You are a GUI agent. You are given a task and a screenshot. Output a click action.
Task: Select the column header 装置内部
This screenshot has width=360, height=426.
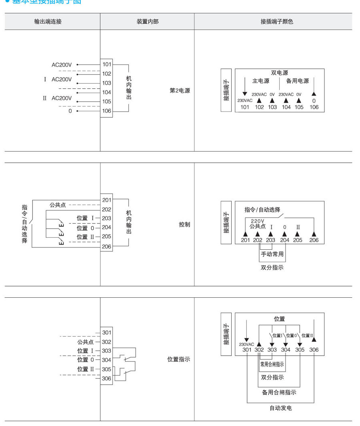[x=148, y=22]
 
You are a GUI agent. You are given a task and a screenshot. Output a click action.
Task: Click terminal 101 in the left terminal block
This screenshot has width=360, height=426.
[x=107, y=64]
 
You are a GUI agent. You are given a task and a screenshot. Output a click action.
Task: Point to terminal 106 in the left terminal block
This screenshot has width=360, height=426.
[x=107, y=111]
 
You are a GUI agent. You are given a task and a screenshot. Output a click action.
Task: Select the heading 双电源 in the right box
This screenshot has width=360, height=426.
[x=279, y=73]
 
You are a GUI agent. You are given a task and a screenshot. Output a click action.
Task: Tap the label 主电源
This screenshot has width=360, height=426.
[x=260, y=81]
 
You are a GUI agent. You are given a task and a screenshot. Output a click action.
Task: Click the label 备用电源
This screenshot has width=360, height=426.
[x=298, y=81]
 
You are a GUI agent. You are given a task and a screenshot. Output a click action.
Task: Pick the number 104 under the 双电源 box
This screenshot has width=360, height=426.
[x=286, y=107]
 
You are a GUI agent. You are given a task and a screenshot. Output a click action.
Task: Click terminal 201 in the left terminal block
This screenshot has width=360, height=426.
[x=107, y=200]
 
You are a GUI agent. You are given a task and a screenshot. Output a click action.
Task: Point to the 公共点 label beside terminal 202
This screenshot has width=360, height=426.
[x=58, y=205]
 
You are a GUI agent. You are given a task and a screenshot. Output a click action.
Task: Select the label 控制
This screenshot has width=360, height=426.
[x=184, y=225]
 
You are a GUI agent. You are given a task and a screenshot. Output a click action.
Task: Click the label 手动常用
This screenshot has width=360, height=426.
[x=272, y=254]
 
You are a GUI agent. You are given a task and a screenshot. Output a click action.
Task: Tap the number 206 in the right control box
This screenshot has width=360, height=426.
[x=314, y=240]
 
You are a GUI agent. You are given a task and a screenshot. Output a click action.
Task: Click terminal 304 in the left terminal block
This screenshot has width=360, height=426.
[x=107, y=360]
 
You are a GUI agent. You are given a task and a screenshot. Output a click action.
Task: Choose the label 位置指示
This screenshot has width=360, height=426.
[x=178, y=359]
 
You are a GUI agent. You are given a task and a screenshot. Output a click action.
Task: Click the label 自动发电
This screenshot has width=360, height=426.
[x=280, y=408]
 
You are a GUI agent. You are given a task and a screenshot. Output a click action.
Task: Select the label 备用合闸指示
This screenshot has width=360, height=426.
[x=279, y=392]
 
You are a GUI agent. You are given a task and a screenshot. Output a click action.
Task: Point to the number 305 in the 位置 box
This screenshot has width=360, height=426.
[x=300, y=350]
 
